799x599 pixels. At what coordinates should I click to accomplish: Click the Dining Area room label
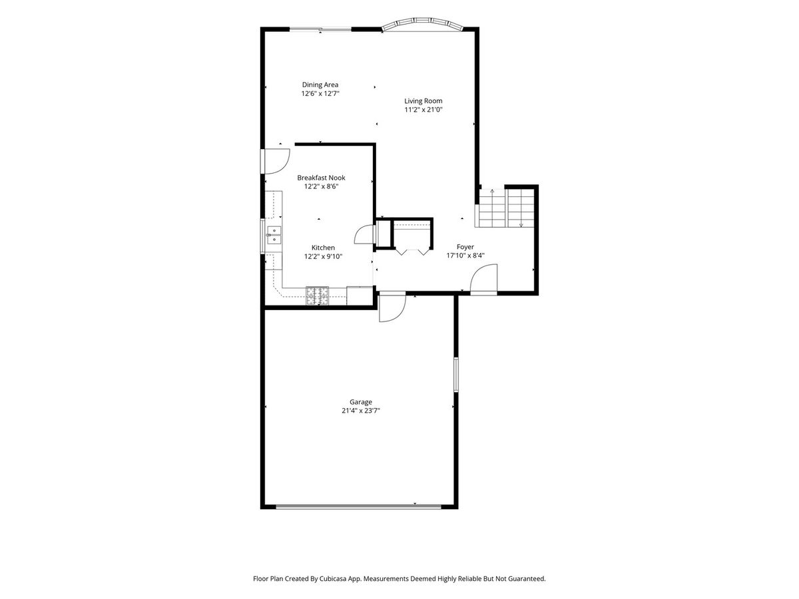coord(320,85)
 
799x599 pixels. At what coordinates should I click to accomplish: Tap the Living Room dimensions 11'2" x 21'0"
coord(423,110)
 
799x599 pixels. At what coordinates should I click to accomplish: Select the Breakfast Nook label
coord(321,178)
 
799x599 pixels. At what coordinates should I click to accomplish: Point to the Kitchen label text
coord(323,248)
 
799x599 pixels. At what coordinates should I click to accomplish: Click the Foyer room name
coord(465,247)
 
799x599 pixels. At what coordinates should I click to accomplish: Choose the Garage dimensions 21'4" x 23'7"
coord(361,411)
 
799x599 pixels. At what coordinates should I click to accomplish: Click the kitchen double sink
coord(274,235)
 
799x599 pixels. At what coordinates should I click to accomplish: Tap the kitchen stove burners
coord(317,296)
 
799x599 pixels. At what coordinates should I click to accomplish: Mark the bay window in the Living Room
coord(422,23)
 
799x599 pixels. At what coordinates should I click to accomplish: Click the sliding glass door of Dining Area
coord(320,29)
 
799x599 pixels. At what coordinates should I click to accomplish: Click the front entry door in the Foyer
coord(483,280)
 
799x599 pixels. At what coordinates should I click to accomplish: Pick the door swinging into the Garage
coord(392,307)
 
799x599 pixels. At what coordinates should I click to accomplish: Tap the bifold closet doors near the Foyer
coord(413,252)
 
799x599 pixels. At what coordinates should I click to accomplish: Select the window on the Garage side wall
coord(455,375)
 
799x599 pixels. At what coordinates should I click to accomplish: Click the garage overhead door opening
coord(358,506)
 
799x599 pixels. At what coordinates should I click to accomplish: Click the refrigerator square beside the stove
coord(360,296)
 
